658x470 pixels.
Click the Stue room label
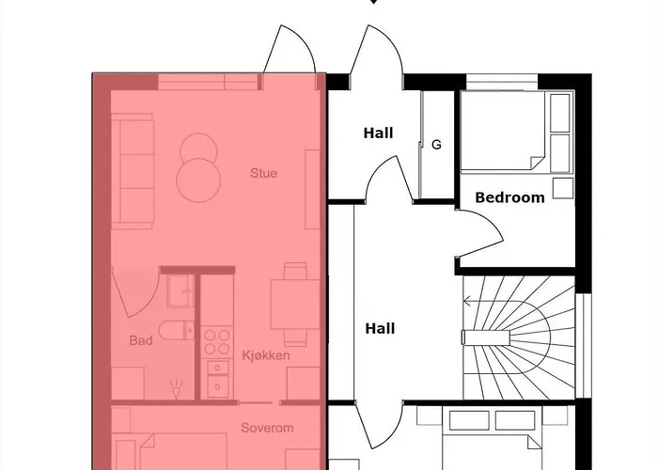263,173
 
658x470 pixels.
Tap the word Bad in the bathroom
140,340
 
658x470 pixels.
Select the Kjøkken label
266,356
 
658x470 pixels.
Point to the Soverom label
267,428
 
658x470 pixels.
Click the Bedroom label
509,197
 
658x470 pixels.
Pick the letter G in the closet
436,145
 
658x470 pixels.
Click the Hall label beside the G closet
378,133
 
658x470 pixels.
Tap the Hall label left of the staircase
379,328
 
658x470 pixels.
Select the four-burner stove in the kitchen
217,337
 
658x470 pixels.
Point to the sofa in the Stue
133,172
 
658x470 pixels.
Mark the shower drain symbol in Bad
175,385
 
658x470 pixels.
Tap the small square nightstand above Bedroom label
562,188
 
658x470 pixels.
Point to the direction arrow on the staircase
468,336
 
